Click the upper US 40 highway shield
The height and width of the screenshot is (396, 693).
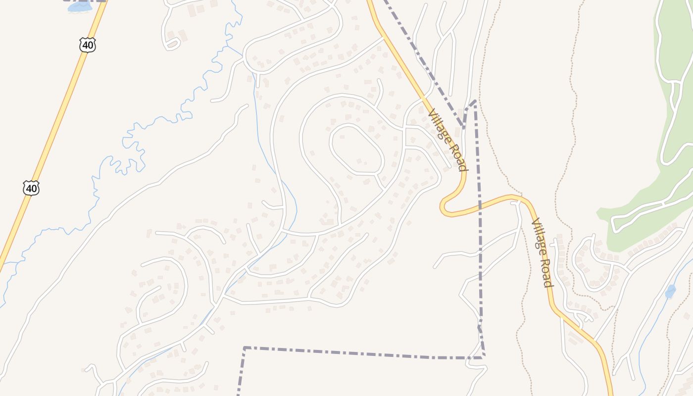coord(87,45)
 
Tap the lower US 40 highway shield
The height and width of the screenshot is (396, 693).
coord(31,188)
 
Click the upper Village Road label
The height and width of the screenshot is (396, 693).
coord(447,140)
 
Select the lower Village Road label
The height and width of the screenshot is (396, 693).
coord(542,252)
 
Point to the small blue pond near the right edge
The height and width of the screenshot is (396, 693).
coord(670,292)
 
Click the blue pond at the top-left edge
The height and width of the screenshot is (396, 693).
coord(79,7)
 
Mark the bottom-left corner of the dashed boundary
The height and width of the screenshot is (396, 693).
coord(245,348)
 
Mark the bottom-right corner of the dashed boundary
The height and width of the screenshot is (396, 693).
coord(483,356)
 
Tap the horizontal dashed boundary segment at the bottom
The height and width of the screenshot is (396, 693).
coord(361,352)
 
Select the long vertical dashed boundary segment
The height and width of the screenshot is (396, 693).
coord(478,223)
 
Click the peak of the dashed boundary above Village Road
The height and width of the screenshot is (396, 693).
coord(474,101)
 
